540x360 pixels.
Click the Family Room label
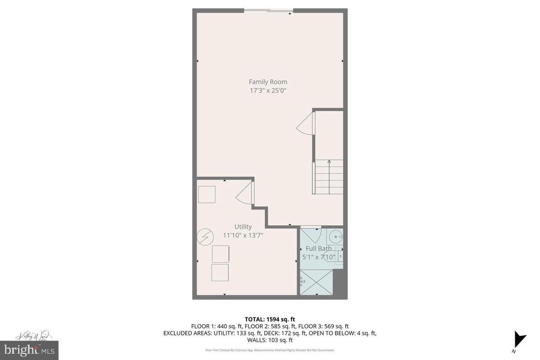268,82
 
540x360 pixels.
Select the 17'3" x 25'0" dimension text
268,90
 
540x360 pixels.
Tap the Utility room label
243,227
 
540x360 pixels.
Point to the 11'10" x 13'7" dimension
243,235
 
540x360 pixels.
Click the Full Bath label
319,249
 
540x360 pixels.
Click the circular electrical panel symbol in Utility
205,237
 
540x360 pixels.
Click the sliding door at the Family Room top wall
269,11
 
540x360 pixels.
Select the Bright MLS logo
29,349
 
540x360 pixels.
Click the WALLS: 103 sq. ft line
270,340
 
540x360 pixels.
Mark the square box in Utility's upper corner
207,195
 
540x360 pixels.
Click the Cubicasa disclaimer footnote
270,350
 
